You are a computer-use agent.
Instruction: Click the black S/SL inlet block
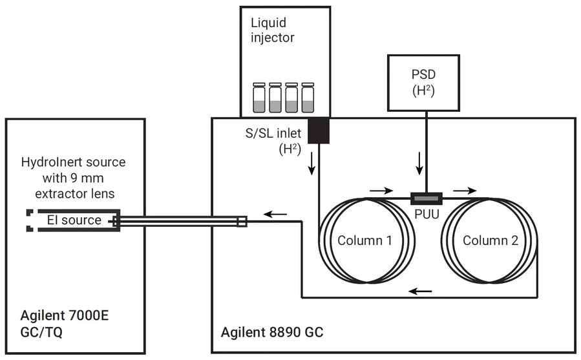click(319, 131)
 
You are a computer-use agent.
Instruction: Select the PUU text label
click(425, 212)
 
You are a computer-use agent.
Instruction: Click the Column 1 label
click(365, 240)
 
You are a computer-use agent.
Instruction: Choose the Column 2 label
click(491, 240)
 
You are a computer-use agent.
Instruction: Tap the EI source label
click(74, 220)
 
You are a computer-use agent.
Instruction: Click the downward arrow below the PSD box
click(419, 167)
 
